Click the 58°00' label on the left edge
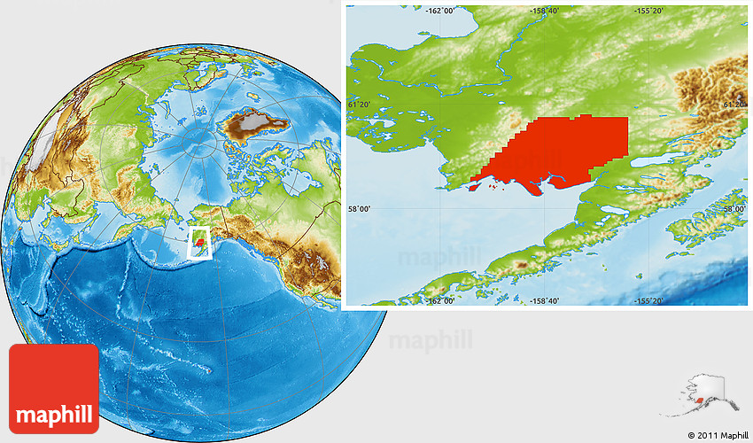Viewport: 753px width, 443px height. tap(360, 209)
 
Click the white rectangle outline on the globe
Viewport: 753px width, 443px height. tap(202, 242)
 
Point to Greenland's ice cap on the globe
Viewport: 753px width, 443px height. tap(257, 120)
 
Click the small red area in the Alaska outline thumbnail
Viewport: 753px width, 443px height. tap(700, 400)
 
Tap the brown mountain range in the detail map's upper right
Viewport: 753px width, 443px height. tap(713, 89)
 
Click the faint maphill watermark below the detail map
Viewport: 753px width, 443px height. tap(431, 340)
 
